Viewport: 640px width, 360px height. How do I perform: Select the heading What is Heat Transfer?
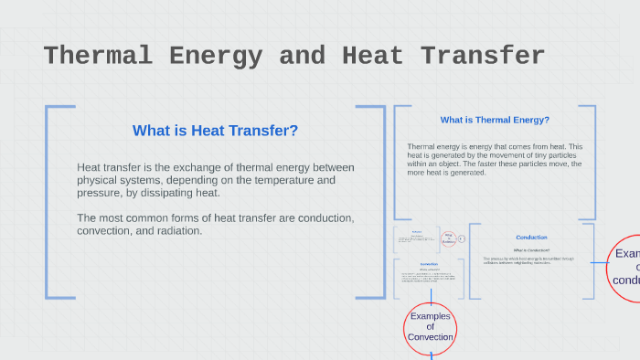coord(215,131)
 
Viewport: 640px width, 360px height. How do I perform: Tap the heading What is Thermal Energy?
coord(495,120)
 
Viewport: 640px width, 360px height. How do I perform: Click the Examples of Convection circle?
coord(430,326)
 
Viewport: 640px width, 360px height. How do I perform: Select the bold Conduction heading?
coord(531,238)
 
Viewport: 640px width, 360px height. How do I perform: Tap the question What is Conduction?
coord(531,249)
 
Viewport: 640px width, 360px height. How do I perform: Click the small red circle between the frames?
coord(448,239)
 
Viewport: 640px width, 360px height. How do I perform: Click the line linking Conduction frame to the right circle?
coord(600,263)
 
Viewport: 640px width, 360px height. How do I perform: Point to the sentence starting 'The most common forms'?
coord(215,224)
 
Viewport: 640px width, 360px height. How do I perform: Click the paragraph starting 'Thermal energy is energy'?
coord(495,159)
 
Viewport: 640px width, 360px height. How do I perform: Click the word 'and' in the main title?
coord(302,56)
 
